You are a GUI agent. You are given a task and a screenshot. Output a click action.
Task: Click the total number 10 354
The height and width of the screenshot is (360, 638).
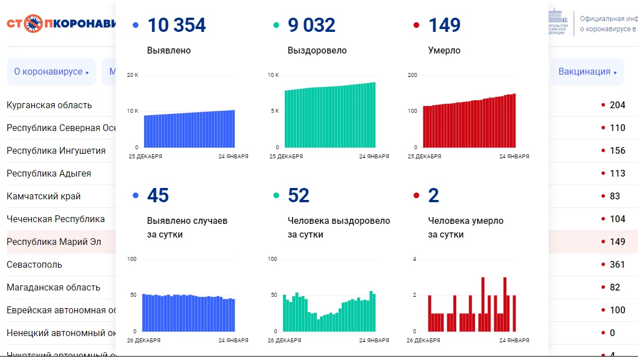(177, 25)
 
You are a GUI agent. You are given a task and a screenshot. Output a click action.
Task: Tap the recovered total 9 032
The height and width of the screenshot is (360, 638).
(312, 25)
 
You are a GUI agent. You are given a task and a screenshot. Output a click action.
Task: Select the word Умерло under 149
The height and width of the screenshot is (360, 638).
(444, 50)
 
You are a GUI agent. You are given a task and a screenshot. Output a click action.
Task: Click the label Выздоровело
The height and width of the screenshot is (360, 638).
(317, 50)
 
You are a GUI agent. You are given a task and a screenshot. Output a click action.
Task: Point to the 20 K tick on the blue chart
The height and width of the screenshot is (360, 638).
(133, 75)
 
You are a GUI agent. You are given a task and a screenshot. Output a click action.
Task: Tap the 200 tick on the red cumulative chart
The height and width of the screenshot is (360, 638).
(412, 75)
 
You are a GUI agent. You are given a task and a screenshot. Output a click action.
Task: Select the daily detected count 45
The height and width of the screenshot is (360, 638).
(158, 195)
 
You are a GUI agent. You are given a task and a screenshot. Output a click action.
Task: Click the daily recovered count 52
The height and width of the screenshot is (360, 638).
(298, 195)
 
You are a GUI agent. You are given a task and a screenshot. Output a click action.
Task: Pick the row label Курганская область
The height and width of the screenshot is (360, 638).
(49, 105)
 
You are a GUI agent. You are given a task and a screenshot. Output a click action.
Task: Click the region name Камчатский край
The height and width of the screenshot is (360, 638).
(44, 196)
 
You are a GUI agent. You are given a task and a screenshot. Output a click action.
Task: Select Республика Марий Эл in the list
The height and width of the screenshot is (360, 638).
(54, 242)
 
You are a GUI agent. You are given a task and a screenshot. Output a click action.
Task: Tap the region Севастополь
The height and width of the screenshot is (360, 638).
(35, 264)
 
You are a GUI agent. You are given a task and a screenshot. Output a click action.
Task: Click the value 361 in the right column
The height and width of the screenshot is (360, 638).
(617, 264)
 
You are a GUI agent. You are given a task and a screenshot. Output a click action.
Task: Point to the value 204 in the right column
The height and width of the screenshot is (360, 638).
(617, 105)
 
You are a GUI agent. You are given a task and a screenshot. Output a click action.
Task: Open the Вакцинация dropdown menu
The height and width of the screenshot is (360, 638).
(587, 72)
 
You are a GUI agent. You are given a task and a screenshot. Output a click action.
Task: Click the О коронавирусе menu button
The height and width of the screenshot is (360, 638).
(51, 72)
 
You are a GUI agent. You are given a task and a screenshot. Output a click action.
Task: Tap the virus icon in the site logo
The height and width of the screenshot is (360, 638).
(34, 23)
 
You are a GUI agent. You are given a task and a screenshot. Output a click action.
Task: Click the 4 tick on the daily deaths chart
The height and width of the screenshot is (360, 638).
(415, 259)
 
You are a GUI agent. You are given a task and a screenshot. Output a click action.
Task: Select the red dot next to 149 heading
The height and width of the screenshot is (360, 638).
(416, 25)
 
